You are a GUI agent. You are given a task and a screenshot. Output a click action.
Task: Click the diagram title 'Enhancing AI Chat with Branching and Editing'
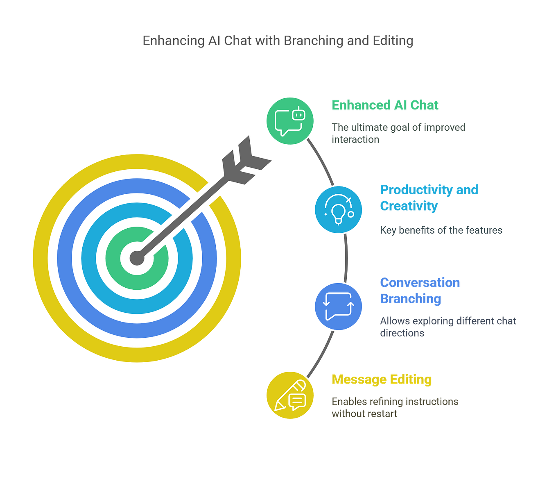[278, 41]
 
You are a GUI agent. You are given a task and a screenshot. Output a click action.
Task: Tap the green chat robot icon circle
[290, 121]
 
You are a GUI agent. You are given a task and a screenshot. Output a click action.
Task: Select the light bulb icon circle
[338, 210]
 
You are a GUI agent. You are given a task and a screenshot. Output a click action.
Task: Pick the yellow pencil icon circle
[290, 395]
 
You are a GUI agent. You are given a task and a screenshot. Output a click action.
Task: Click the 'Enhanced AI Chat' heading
[384, 105]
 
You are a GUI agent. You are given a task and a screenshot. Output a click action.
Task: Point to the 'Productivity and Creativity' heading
[428, 198]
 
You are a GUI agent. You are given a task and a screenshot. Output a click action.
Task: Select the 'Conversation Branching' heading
[420, 291]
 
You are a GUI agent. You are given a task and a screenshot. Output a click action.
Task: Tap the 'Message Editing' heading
[382, 379]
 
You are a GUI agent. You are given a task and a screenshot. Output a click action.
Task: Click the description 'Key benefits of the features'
[441, 230]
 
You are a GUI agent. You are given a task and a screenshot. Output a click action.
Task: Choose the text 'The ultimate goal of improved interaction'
[398, 133]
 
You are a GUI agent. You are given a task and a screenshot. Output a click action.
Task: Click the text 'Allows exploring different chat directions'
[448, 326]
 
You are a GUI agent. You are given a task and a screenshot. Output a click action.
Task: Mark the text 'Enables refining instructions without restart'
[395, 407]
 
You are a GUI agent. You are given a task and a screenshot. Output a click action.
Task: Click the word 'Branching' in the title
[313, 41]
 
